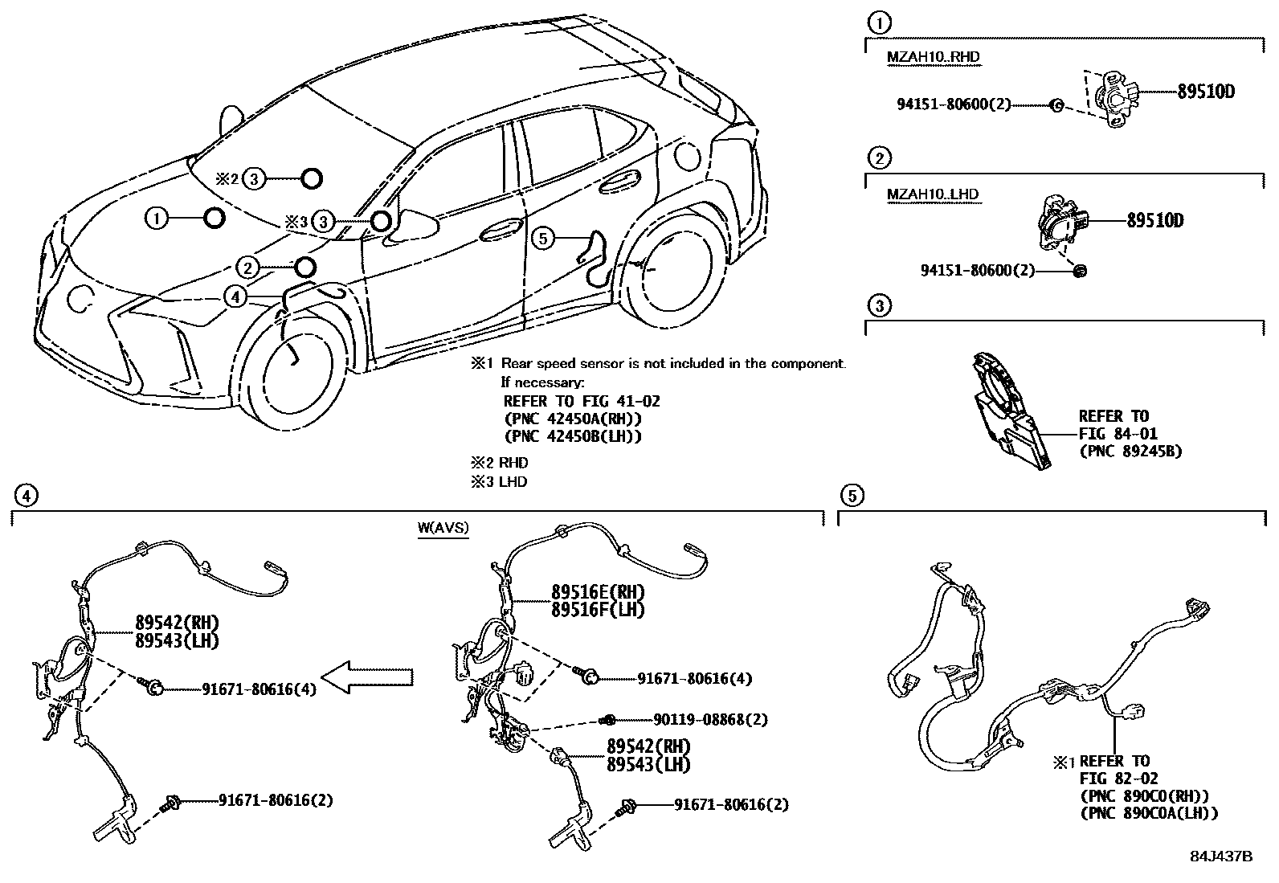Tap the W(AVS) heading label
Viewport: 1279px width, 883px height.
(443, 528)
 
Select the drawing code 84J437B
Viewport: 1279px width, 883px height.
(1220, 856)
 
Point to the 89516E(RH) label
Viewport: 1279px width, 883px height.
(598, 592)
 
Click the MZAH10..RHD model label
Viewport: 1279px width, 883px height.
(933, 56)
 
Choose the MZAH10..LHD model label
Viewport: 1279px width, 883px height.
(932, 194)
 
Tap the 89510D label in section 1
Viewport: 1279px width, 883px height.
(1205, 92)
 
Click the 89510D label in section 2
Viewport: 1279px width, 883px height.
(1154, 220)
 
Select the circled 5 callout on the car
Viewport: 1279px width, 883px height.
(543, 238)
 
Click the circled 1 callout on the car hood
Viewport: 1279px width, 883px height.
(157, 218)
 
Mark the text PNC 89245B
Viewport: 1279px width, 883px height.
(1130, 452)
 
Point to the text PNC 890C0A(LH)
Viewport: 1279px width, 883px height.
(1149, 813)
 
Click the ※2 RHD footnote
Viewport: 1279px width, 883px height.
(499, 463)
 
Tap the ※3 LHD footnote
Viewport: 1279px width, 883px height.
(499, 482)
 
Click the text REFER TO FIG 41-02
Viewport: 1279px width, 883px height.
(581, 401)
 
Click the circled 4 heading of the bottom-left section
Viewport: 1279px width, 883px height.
(26, 496)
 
